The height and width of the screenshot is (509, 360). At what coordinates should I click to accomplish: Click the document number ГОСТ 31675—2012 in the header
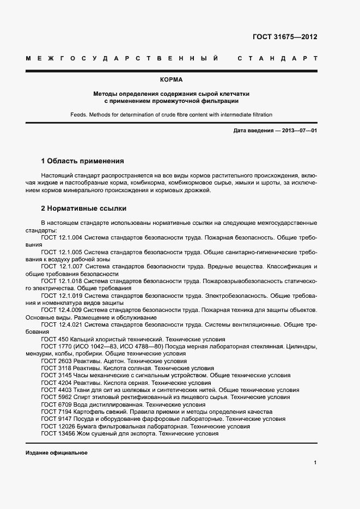click(285, 38)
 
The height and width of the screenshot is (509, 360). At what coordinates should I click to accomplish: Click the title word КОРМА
click(171, 80)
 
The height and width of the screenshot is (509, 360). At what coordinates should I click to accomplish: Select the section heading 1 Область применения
click(83, 161)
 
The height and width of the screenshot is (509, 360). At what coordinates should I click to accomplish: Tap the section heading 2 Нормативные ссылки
click(83, 208)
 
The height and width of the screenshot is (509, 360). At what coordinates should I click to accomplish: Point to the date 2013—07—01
click(297, 131)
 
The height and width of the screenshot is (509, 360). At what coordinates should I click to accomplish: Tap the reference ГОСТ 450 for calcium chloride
click(54, 339)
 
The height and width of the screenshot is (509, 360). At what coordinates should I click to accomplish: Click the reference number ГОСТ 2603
click(56, 361)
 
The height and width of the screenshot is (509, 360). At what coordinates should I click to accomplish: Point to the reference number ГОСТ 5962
click(56, 397)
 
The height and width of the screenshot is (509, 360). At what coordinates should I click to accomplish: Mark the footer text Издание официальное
click(56, 453)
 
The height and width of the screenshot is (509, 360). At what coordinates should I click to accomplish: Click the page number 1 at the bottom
click(315, 462)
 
